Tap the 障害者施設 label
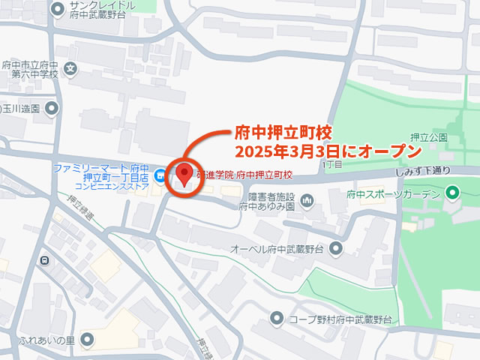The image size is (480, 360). click(268, 197)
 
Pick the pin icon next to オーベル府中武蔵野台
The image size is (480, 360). click(335, 247)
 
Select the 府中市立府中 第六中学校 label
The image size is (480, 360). click(29, 69)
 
